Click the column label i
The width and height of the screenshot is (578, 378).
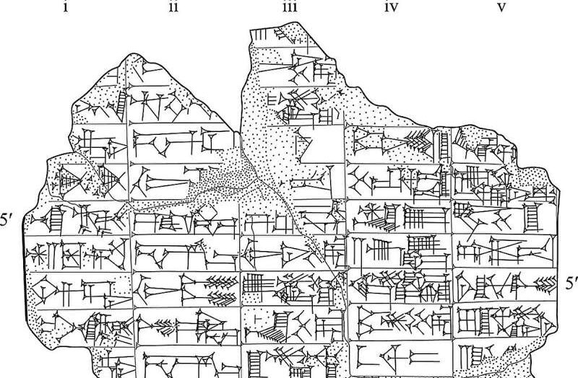(66, 8)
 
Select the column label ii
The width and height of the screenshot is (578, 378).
(173, 8)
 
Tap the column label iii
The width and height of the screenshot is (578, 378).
(289, 8)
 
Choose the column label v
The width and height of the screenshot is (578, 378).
(501, 8)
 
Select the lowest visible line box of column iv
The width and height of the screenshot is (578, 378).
(401, 358)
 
